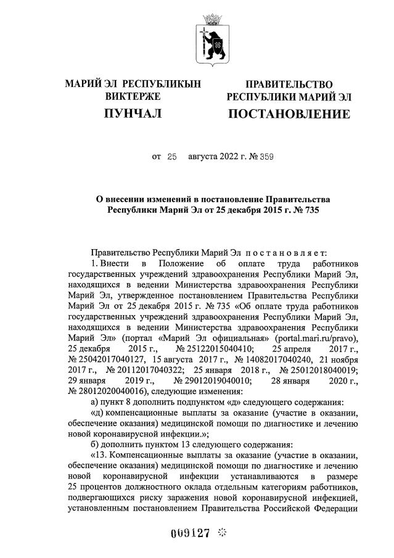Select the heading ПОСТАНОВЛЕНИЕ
[x=289, y=114]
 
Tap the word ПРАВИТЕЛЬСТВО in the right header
[x=289, y=84]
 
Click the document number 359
[x=266, y=157]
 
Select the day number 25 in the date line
[x=171, y=157]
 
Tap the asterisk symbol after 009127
[x=223, y=531]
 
